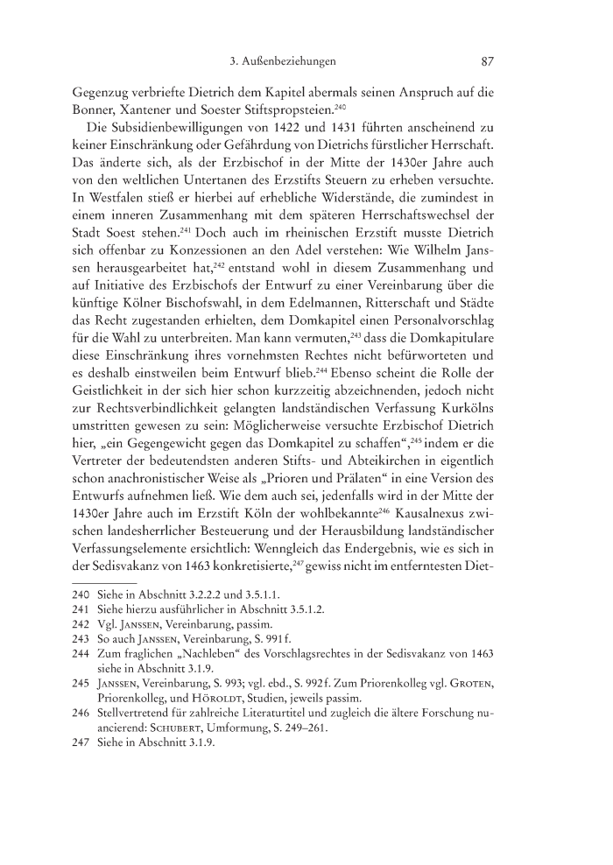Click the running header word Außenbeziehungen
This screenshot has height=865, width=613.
[295, 62]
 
